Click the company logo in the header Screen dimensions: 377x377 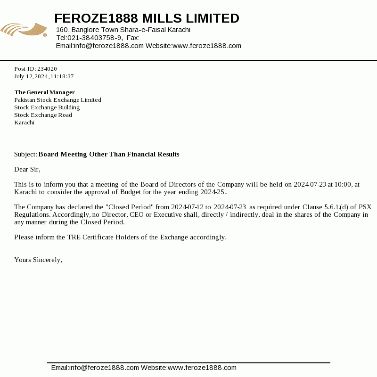[x=24, y=30]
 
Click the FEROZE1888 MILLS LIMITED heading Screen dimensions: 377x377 [x=147, y=18]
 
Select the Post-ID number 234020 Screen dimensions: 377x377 [x=47, y=69]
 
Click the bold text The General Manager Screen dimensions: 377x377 [x=45, y=92]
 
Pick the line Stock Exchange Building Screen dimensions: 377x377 [x=47, y=107]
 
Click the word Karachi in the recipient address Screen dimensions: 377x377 [x=24, y=123]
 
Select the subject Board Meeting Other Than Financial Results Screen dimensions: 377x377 [x=109, y=155]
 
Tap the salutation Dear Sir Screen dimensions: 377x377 [x=27, y=169]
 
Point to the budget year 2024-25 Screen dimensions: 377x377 [x=213, y=192]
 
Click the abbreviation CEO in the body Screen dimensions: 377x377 [x=138, y=214]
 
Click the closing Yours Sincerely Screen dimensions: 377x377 [x=38, y=260]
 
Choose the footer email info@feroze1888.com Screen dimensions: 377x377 [x=104, y=368]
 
